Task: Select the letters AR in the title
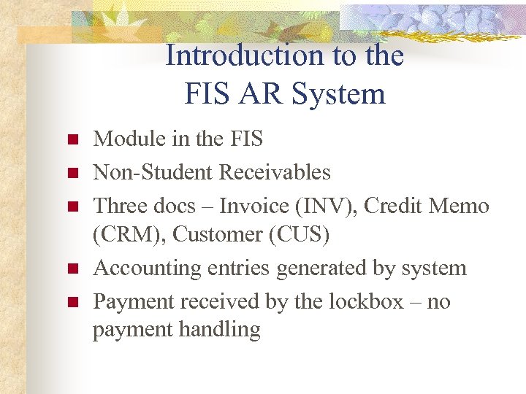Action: click(x=264, y=94)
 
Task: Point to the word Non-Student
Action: click(x=152, y=172)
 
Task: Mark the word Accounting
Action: click(x=143, y=269)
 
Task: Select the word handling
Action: click(x=219, y=330)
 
